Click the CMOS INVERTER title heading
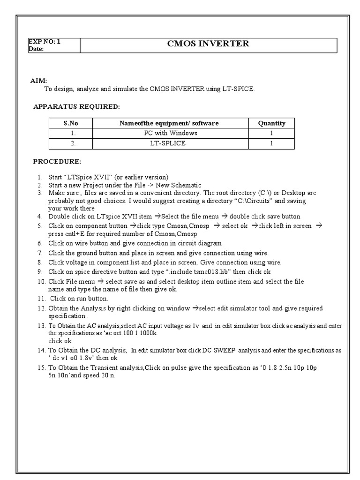tap(208, 45)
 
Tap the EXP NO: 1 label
tap(45, 41)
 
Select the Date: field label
tap(36, 49)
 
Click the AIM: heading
tap(39, 81)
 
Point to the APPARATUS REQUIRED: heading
tap(76, 107)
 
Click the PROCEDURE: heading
tap(57, 162)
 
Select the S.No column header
tap(71, 123)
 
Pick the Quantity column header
tap(271, 123)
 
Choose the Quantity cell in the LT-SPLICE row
tap(271, 143)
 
